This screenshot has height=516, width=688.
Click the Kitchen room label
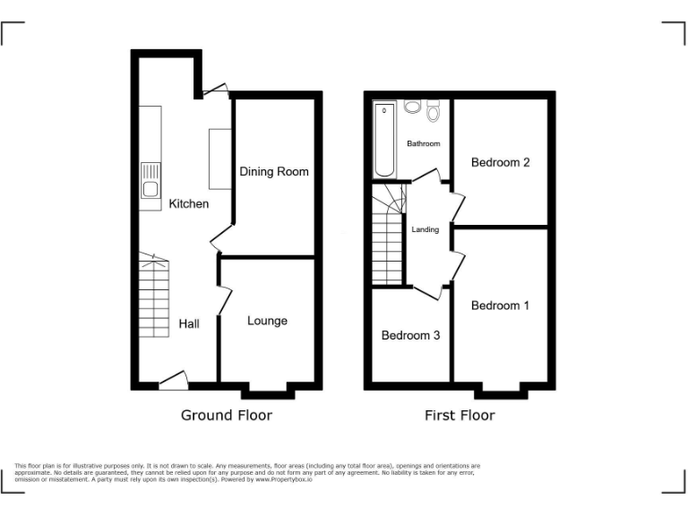(188, 203)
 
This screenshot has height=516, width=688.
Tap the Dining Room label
(273, 171)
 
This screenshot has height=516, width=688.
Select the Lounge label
(267, 321)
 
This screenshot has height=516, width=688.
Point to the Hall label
(189, 323)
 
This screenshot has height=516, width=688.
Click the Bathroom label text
(423, 143)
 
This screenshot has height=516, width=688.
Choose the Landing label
(425, 229)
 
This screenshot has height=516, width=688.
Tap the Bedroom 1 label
(500, 305)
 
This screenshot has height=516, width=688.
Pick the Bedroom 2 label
(501, 162)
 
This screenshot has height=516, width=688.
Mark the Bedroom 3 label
(410, 335)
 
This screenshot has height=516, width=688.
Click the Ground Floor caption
(226, 415)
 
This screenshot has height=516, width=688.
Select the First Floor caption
(460, 415)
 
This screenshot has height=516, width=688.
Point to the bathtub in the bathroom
(385, 140)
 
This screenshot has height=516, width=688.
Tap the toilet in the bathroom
(434, 111)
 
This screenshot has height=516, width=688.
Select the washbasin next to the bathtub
(412, 107)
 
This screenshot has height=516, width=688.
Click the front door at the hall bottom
(173, 380)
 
